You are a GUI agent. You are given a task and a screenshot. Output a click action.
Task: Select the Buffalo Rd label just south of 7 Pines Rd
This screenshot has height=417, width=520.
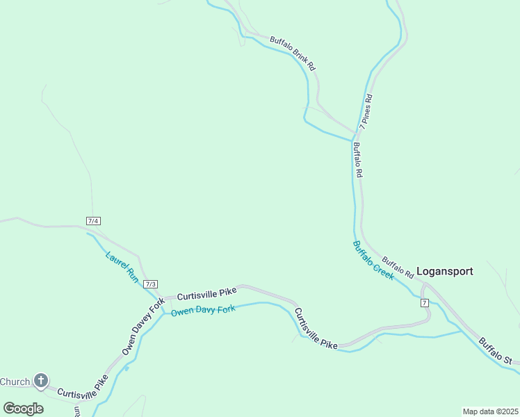(357, 161)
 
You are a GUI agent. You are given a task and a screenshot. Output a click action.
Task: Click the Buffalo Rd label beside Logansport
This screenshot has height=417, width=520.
(398, 265)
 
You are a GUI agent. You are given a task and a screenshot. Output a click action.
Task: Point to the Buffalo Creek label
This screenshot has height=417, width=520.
(373, 260)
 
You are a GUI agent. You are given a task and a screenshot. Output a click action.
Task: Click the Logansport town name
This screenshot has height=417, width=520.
(444, 271)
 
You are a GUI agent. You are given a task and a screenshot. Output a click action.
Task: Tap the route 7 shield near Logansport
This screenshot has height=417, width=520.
(424, 302)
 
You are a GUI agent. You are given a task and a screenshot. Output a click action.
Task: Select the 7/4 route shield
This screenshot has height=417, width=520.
(93, 220)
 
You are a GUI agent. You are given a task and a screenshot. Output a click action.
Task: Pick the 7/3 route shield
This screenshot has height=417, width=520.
(151, 284)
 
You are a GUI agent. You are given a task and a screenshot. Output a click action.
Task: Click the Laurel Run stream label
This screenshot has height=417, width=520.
(122, 267)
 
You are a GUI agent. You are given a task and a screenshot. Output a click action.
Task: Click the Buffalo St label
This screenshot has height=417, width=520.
(495, 351)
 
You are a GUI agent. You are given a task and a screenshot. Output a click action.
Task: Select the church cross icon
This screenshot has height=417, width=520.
(41, 380)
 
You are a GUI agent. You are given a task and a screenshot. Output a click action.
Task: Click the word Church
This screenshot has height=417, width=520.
(15, 382)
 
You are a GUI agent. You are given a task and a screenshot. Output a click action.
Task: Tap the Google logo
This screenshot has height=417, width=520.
(23, 408)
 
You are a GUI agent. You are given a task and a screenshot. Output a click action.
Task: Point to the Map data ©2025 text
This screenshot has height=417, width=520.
(490, 411)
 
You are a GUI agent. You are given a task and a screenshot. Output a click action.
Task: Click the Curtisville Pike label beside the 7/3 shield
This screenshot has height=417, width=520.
(206, 292)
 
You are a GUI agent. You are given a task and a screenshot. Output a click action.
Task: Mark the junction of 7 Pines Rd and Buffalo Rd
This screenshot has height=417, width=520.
(357, 132)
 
